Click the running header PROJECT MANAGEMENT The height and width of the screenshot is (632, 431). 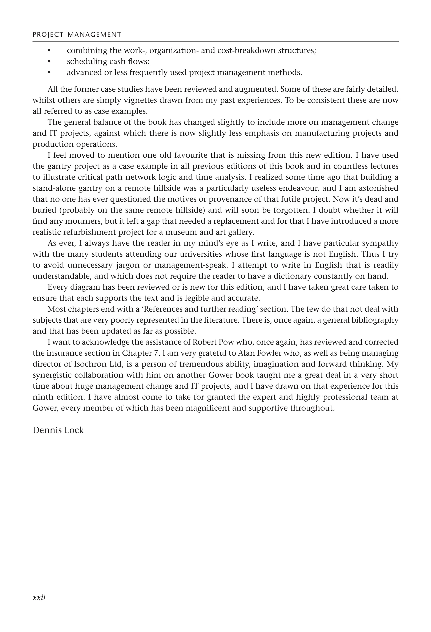click(x=77, y=34)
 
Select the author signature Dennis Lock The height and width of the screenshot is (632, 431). click(x=58, y=430)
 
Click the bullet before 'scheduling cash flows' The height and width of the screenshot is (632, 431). click(x=49, y=62)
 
